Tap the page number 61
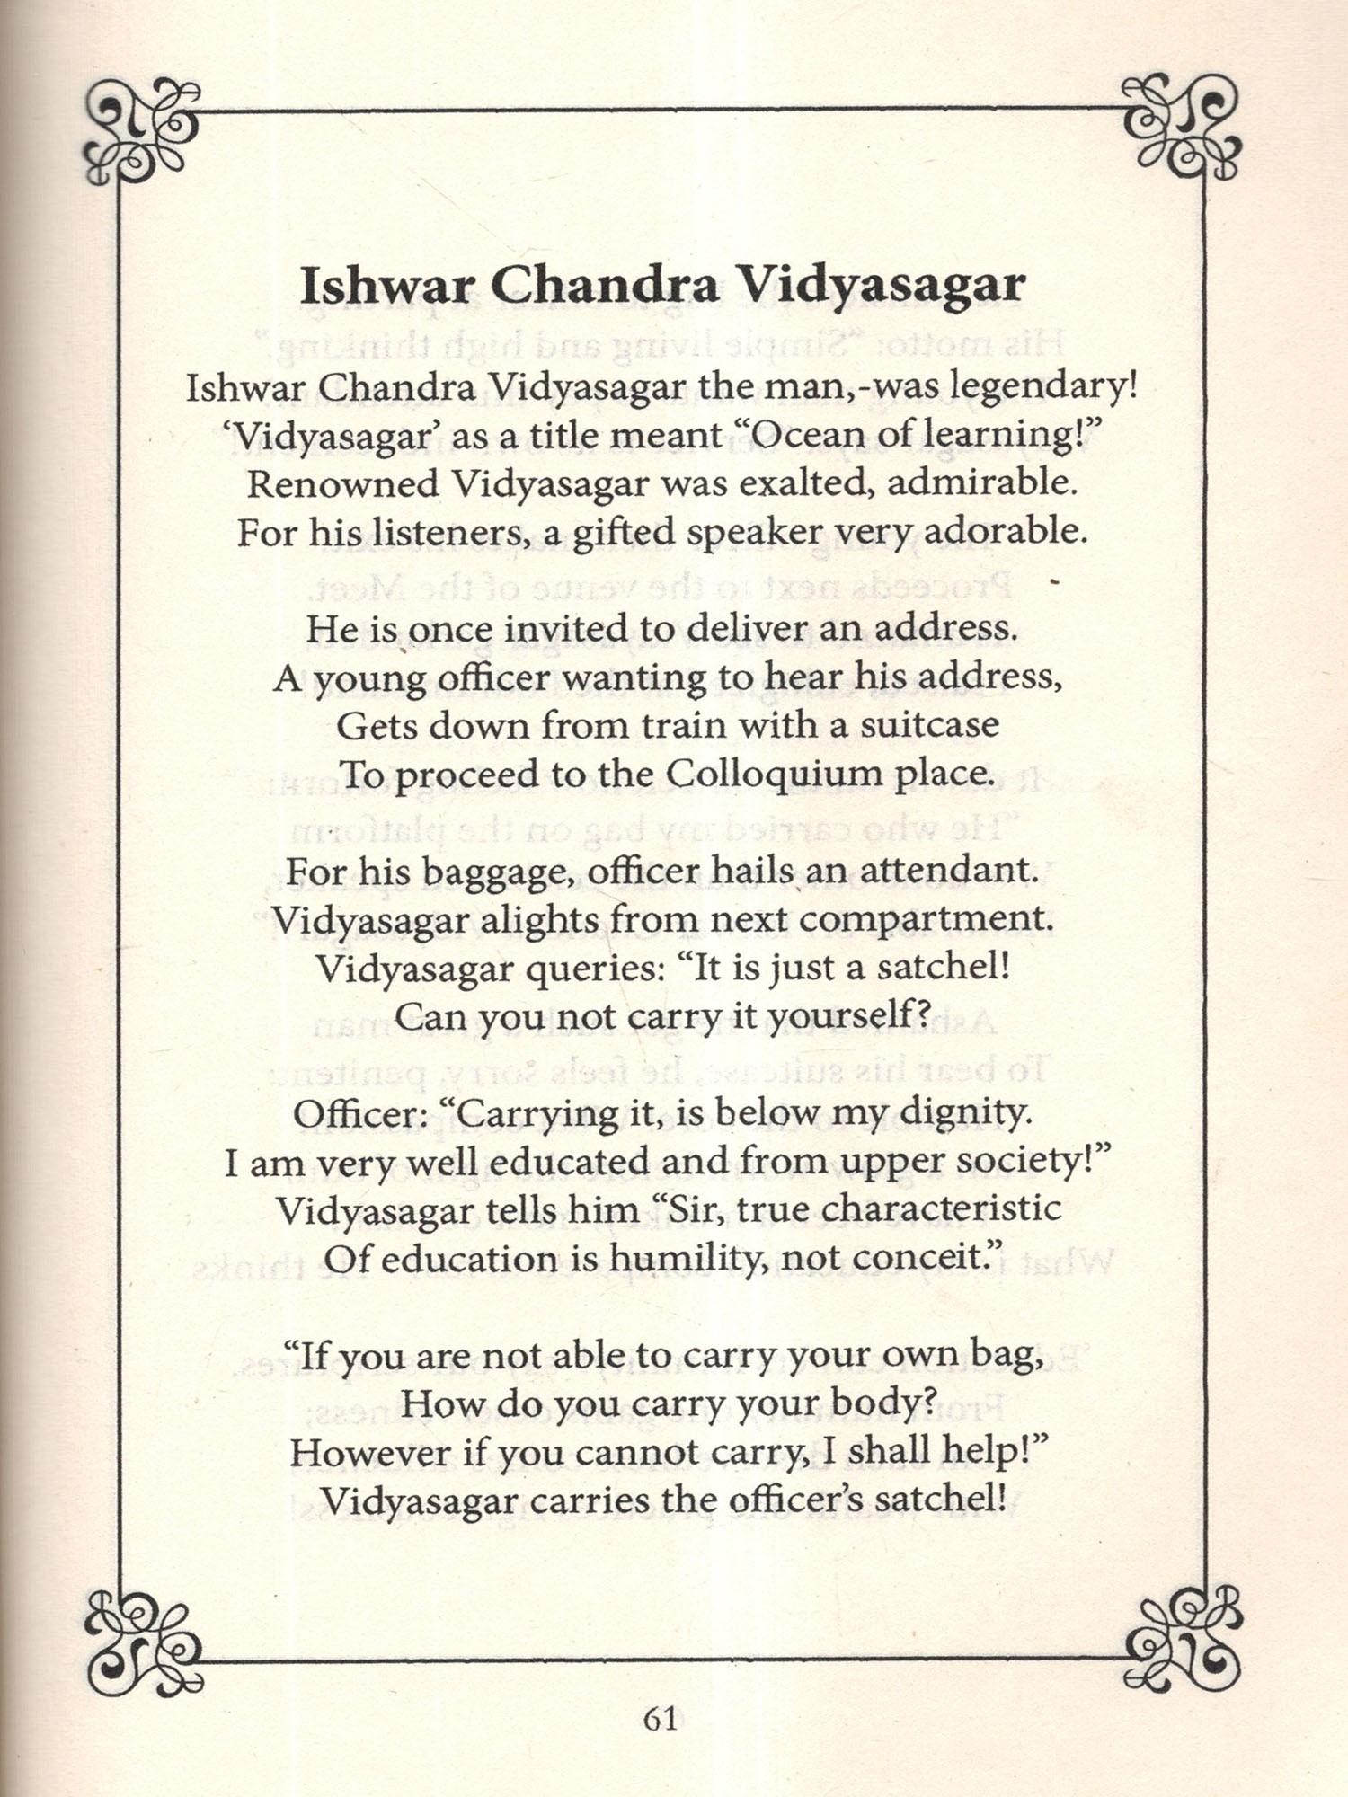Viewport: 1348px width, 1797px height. (x=661, y=1719)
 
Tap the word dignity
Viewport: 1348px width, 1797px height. (x=965, y=1113)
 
